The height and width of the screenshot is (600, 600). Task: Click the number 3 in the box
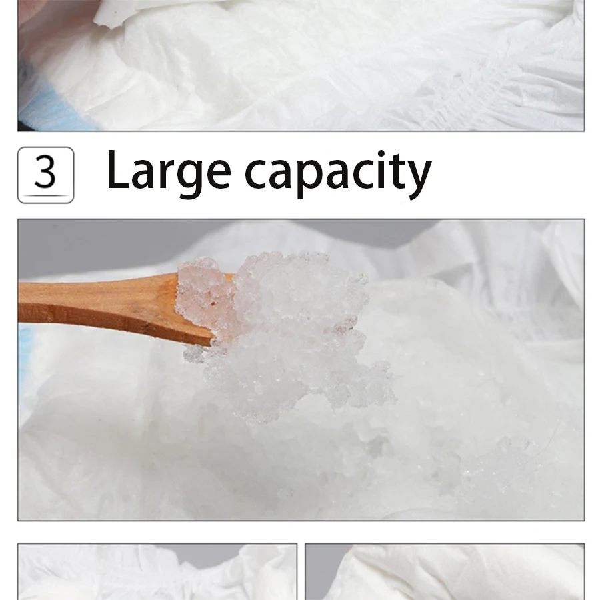point(45,172)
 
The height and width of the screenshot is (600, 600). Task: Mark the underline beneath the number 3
point(45,195)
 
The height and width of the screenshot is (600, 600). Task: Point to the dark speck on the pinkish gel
point(213,303)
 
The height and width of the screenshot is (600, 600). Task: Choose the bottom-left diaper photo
point(157,572)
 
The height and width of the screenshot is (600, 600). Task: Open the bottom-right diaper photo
point(445,572)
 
